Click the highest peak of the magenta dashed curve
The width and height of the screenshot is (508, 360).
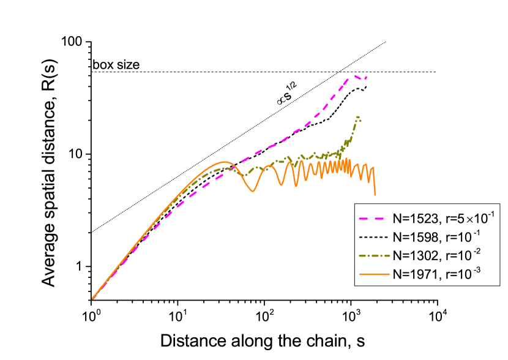click(x=355, y=77)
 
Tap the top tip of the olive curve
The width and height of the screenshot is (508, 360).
click(x=357, y=117)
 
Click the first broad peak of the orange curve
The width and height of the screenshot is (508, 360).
click(x=225, y=162)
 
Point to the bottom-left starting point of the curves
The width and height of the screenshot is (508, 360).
click(x=93, y=298)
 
